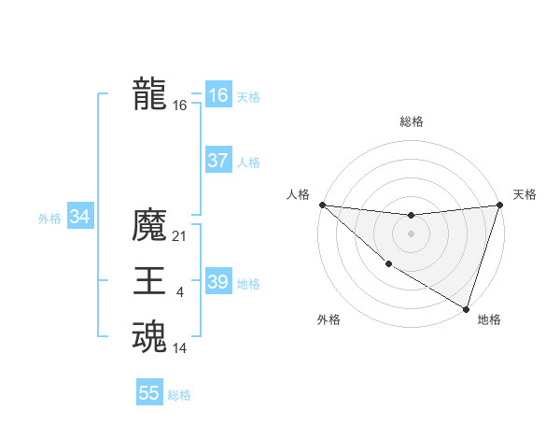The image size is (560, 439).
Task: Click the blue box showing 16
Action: pyautogui.click(x=217, y=95)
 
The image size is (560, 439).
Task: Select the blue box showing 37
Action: pyautogui.click(x=217, y=161)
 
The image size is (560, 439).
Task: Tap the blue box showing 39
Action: pyautogui.click(x=217, y=282)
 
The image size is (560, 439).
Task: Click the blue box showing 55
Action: pyautogui.click(x=149, y=393)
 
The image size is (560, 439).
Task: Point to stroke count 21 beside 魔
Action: pyautogui.click(x=180, y=237)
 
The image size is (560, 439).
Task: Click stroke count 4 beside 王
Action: pyautogui.click(x=180, y=293)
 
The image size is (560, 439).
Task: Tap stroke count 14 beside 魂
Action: pyautogui.click(x=180, y=349)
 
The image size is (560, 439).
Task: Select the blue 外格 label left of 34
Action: pyautogui.click(x=49, y=219)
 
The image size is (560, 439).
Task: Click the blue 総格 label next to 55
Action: pyautogui.click(x=179, y=395)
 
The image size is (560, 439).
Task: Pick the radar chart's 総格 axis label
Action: pyautogui.click(x=411, y=121)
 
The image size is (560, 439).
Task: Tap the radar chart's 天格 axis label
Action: pyautogui.click(x=525, y=194)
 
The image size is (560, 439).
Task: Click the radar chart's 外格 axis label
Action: pyautogui.click(x=328, y=319)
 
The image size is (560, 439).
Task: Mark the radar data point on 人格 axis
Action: pyautogui.click(x=322, y=205)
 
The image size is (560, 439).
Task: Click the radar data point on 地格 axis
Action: pyautogui.click(x=466, y=308)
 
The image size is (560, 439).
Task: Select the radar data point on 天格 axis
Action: pyautogui.click(x=499, y=205)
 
